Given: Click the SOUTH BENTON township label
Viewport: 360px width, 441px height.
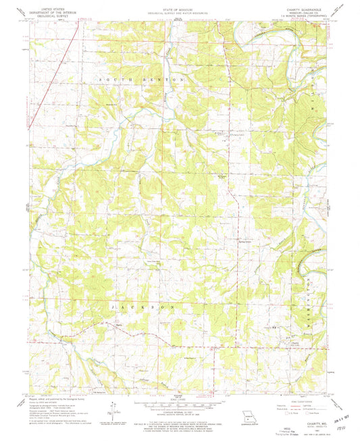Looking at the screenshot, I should [141, 80].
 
